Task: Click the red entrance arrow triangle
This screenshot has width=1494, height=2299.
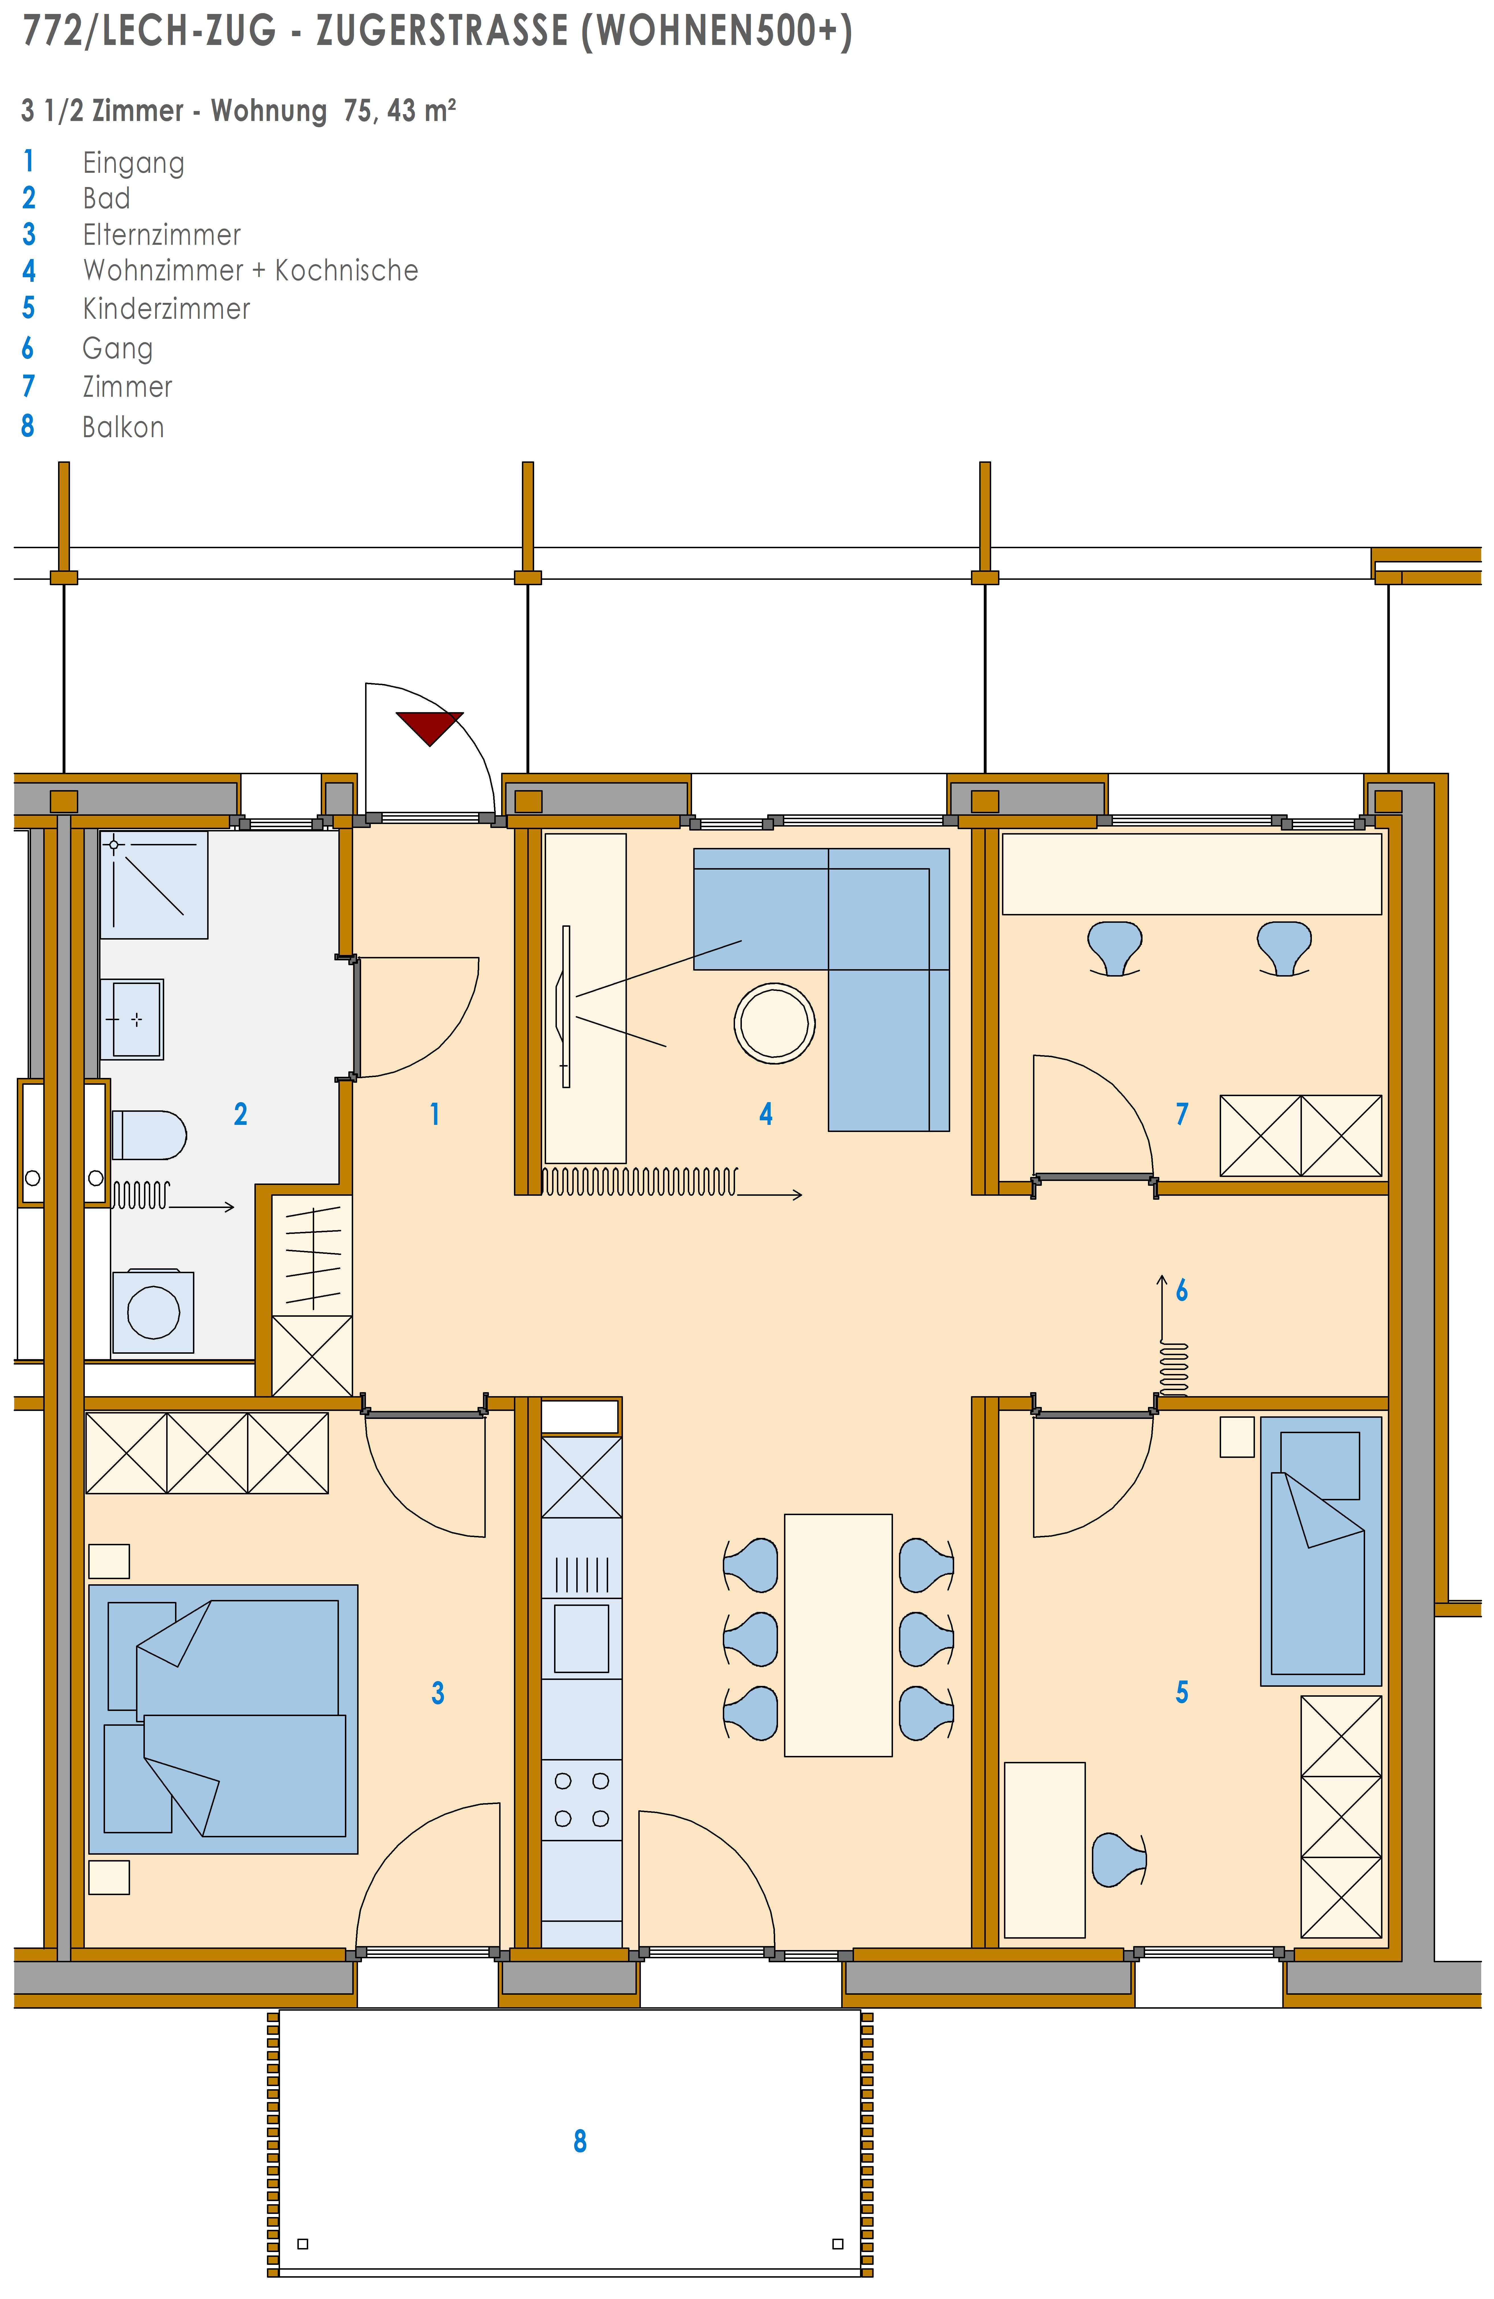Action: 430,724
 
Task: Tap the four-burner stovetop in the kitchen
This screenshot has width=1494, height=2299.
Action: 581,1799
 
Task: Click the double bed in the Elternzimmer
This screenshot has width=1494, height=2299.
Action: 223,1718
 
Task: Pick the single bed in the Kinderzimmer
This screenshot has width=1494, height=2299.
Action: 1321,1551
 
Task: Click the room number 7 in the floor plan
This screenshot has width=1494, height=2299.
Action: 1181,1114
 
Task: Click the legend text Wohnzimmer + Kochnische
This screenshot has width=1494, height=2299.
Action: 250,270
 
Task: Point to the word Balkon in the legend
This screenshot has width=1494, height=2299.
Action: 123,427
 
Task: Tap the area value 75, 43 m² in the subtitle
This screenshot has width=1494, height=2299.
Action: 400,110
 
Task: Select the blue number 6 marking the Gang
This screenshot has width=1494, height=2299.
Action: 1181,1291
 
